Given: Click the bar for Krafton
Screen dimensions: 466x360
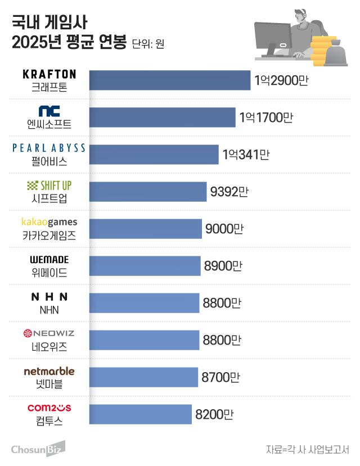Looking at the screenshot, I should (x=169, y=80).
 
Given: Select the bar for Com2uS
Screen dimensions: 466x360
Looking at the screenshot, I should (x=141, y=414).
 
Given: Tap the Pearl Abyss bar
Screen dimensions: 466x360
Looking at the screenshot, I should (x=153, y=155).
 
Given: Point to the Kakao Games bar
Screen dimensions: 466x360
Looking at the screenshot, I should (x=145, y=229).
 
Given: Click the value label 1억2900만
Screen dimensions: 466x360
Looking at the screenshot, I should (x=281, y=80).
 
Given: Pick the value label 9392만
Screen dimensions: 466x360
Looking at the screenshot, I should (x=229, y=192).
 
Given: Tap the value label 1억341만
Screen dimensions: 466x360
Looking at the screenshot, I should (x=246, y=155).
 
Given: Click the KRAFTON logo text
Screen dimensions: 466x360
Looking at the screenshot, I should (x=49, y=74).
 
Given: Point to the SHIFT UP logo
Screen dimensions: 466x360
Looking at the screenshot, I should (x=49, y=185).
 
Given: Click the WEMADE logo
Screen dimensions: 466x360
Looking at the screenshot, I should (x=49, y=260).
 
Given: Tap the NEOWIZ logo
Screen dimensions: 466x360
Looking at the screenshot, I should (x=49, y=334).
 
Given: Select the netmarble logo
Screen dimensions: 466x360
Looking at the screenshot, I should (x=49, y=371).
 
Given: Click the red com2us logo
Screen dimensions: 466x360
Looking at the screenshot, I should (x=49, y=408).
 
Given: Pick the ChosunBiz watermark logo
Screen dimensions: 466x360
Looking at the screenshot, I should (x=37, y=449).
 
